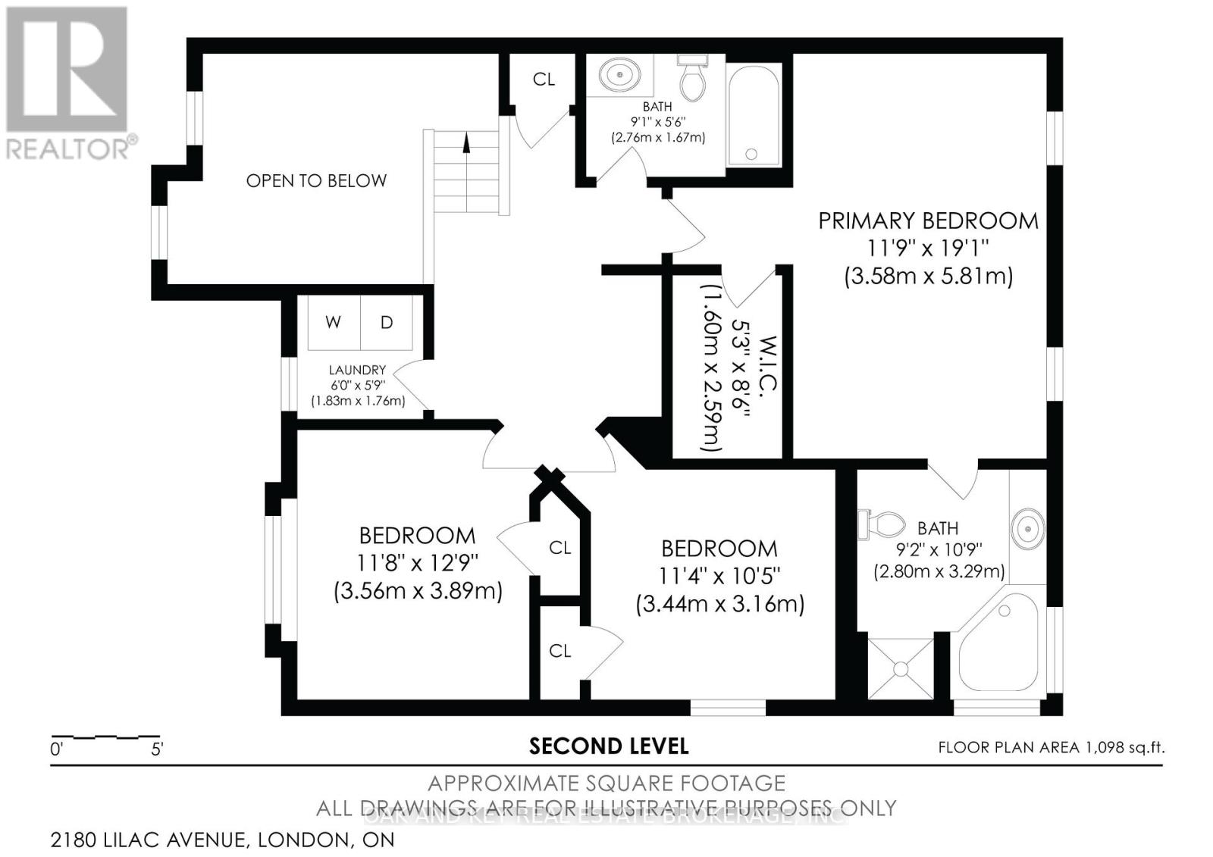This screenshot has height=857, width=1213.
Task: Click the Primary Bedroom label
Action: (928, 221)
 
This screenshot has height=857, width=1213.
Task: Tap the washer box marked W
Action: (333, 322)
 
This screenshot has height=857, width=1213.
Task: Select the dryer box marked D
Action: (387, 322)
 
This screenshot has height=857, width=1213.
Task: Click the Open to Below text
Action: (316, 180)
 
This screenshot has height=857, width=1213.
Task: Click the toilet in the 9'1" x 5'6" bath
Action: (692, 77)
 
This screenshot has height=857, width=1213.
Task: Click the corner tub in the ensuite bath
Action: (996, 646)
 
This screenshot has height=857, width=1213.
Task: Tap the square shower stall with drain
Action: (900, 668)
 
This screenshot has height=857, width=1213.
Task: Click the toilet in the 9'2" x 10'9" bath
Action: (883, 524)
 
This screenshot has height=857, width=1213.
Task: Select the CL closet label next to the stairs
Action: (544, 79)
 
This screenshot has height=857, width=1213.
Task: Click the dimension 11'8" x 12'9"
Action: (417, 562)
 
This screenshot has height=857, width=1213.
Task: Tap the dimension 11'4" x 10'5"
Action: (719, 575)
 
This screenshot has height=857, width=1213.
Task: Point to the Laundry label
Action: (357, 370)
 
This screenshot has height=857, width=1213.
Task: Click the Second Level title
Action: (608, 746)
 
